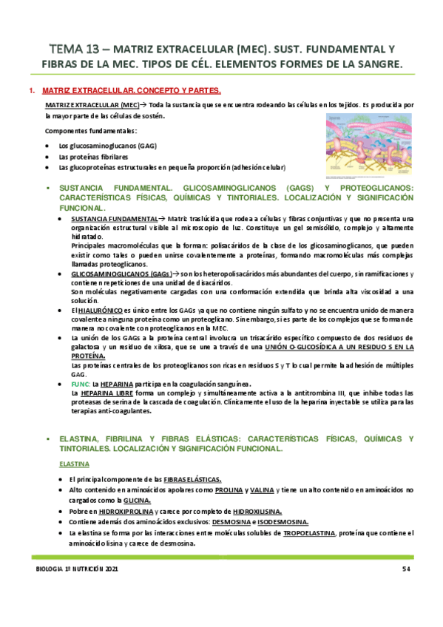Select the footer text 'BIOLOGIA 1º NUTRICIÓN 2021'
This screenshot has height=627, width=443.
click(x=78, y=569)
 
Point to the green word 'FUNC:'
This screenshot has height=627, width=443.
click(x=79, y=384)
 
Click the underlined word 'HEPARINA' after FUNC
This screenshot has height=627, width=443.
click(x=118, y=384)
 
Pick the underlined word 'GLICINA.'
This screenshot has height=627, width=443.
click(x=135, y=501)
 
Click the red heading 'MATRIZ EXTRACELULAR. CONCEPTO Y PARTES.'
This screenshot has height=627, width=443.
click(x=132, y=91)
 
